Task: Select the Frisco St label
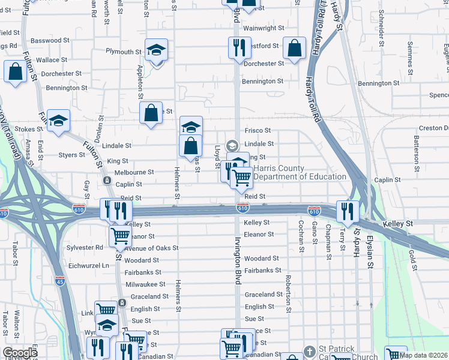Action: (x=258, y=130)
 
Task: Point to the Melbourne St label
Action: (x=133, y=172)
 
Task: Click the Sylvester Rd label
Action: (x=83, y=247)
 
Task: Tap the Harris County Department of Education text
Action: (x=300, y=173)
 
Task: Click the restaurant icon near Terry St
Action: (x=348, y=211)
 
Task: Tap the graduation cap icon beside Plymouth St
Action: (x=156, y=51)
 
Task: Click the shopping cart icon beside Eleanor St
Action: (x=120, y=236)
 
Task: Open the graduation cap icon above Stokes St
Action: (x=59, y=121)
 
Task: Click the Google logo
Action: (x=20, y=353)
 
